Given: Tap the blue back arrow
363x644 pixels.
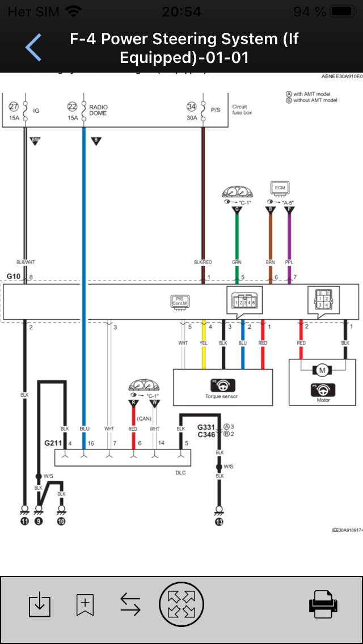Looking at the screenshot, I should (33, 47).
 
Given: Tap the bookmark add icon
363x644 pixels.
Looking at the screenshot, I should (85, 604).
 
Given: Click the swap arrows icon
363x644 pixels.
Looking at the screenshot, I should (130, 604).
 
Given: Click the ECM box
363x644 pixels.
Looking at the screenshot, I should (280, 188).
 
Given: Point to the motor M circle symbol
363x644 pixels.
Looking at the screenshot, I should (322, 370).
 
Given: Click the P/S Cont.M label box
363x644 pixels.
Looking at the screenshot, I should (180, 301).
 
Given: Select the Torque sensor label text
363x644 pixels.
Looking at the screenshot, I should (222, 396).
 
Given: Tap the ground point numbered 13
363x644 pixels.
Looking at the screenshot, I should (220, 520).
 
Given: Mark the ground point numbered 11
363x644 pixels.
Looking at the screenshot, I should (24, 520).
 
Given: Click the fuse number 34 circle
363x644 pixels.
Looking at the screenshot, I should (192, 106).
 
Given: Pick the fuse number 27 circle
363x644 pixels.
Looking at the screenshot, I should (14, 106).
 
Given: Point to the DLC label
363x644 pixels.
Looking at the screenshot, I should (181, 472).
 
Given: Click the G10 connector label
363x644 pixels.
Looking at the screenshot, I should (14, 276).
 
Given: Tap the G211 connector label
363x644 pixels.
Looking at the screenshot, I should (53, 442).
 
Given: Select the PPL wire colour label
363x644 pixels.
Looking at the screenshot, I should (289, 262).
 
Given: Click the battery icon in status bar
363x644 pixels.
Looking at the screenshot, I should (342, 11).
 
